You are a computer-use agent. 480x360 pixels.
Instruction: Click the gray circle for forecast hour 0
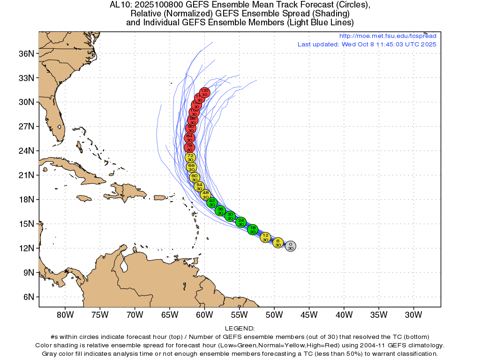coord(291,246)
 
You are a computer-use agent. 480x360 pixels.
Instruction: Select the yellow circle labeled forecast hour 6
coord(278,242)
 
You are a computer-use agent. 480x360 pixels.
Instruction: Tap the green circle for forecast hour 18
coord(253,229)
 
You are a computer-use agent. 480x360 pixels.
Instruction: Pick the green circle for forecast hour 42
coord(212,202)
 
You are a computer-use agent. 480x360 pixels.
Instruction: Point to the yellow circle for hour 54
coord(199,186)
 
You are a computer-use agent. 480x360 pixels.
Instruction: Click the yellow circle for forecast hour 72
coord(190,157)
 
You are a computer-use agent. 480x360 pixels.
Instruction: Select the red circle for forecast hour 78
coord(189,148)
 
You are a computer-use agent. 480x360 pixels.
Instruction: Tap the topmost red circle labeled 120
coord(204,92)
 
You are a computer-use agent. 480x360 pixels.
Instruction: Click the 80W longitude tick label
coord(65,314)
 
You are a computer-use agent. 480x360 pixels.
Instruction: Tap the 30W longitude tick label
coord(413,314)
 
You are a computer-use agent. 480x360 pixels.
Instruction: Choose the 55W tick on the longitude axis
coord(239,314)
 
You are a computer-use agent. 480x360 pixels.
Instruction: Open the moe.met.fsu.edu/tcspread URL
coord(387,36)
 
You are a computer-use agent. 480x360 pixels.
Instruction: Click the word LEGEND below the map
coord(240,329)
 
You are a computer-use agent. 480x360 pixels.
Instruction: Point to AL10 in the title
coord(119,5)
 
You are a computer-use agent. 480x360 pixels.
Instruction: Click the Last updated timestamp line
coord(367,44)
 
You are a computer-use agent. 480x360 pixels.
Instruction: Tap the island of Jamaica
coord(84,198)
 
